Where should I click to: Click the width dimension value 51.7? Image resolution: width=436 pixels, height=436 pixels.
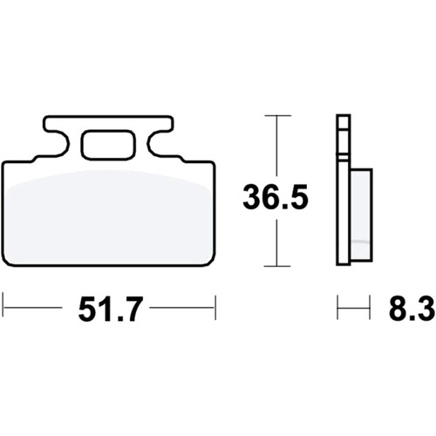click(x=110, y=309)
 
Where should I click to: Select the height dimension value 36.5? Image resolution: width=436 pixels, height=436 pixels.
click(x=276, y=196)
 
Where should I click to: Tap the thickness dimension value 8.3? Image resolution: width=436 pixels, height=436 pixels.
click(x=412, y=308)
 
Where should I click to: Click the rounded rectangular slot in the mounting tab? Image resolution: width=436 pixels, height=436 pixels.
click(x=108, y=145)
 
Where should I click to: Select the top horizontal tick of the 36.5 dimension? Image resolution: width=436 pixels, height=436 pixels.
click(x=277, y=116)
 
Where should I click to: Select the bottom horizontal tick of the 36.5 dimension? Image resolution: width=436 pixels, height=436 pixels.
click(x=277, y=266)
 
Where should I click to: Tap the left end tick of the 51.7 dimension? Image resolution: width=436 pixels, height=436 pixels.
click(x=3, y=307)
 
